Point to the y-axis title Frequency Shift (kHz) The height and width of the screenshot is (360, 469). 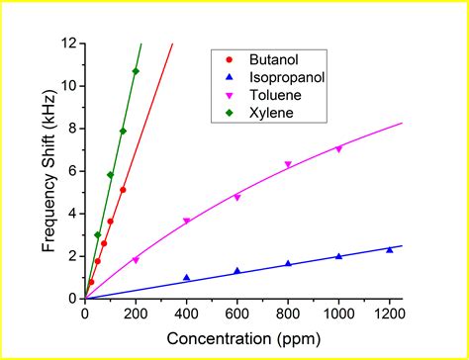click(48, 170)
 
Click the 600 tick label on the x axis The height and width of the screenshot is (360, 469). click(237, 312)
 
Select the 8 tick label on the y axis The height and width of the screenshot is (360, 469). click(72, 129)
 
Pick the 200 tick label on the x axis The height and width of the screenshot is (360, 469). click(136, 312)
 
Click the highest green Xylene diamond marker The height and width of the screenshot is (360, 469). click(136, 71)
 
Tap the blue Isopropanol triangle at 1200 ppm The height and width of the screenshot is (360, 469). click(390, 249)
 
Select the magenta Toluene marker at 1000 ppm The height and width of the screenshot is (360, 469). click(338, 149)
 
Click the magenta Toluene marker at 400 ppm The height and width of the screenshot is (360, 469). click(186, 222)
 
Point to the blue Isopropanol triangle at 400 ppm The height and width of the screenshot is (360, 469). click(186, 277)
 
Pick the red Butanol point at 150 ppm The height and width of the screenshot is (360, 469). click(123, 190)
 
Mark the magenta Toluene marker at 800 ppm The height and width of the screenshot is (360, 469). click(288, 165)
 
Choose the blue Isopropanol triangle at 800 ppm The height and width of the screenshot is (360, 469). click(288, 263)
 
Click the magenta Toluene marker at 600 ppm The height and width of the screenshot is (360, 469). click(236, 198)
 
